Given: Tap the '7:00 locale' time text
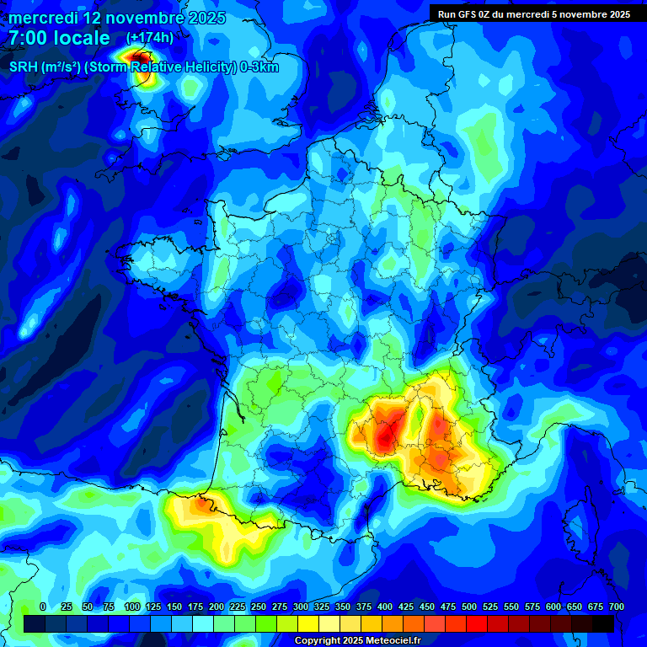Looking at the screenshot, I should click(59, 38).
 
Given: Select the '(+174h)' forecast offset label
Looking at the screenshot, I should click(149, 38).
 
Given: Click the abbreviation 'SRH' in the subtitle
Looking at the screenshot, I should click(24, 67).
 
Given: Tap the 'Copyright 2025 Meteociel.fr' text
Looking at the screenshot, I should click(356, 640).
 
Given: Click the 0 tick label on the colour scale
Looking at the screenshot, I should click(43, 607).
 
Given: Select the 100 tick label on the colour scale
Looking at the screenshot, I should click(132, 607).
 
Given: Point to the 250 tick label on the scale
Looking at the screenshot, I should click(259, 607).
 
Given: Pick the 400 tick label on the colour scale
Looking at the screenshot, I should click(385, 607).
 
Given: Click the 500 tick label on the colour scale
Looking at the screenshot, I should click(469, 607).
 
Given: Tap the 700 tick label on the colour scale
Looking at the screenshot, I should click(617, 607).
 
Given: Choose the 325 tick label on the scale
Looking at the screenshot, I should click(322, 607).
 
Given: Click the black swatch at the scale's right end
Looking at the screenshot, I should click(603, 623).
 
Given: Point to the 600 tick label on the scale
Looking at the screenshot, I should click(553, 607).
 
